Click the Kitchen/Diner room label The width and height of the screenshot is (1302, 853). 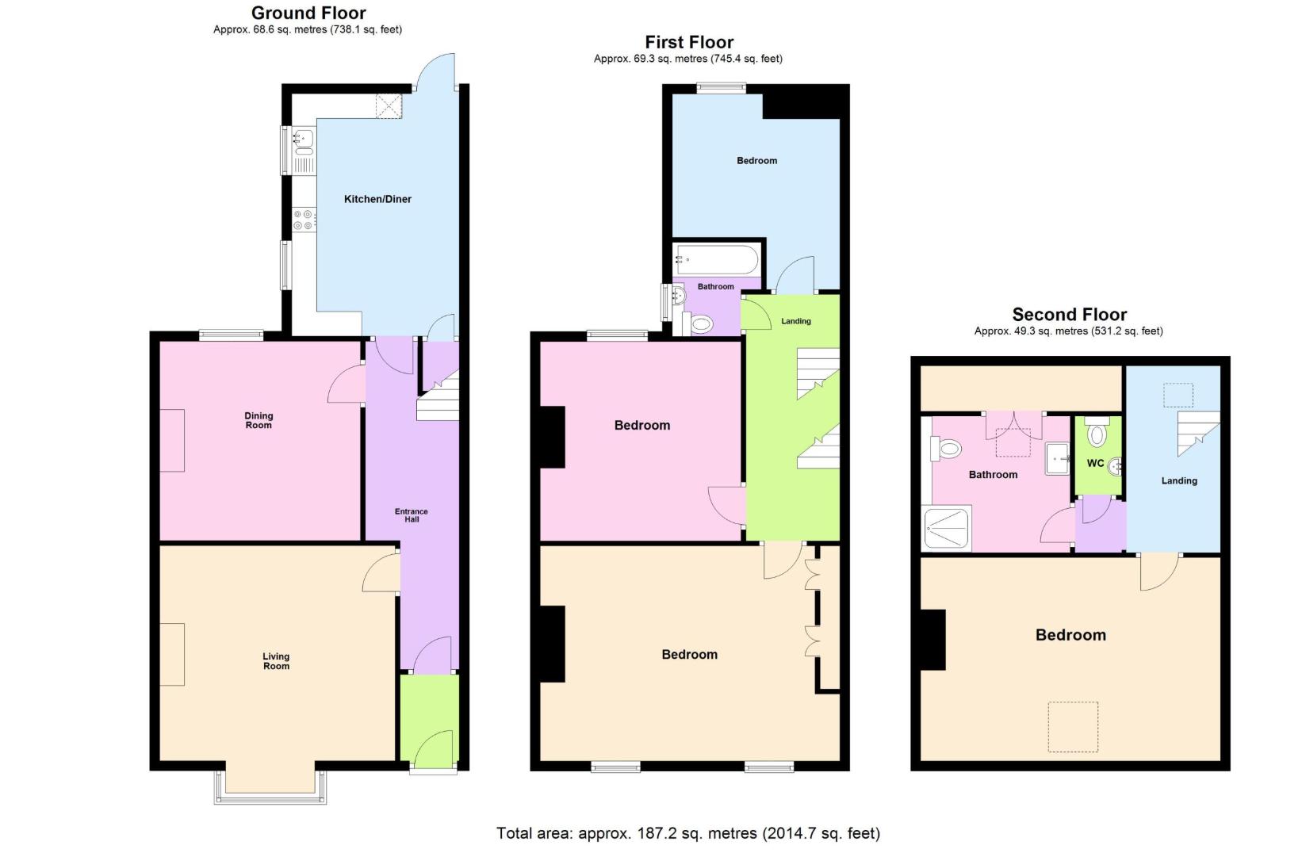pos(377,199)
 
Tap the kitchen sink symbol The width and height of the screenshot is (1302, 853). pos(304,151)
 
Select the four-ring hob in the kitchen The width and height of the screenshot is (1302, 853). pos(304,220)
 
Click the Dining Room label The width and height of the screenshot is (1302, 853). pos(258,420)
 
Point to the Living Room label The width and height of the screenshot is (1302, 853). pos(276,661)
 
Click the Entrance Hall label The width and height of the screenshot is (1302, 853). pos(412,515)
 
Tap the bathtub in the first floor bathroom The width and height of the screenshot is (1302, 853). pos(717,259)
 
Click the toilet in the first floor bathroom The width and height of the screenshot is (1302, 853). pos(698,323)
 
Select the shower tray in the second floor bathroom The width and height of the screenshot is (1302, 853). pos(947,528)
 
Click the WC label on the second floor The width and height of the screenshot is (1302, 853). pos(1095,463)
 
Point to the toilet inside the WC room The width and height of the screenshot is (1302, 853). pos(1097,432)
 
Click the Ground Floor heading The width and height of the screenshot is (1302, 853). pos(308,13)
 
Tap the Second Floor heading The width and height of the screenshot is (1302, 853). pos(1070,315)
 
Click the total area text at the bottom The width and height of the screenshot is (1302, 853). pos(688,833)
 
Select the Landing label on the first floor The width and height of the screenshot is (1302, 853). pos(796,321)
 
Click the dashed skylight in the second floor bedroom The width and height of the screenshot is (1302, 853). pos(1073,727)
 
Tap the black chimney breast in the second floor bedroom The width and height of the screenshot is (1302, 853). pos(933,640)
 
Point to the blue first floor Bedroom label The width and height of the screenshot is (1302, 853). pos(756,161)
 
